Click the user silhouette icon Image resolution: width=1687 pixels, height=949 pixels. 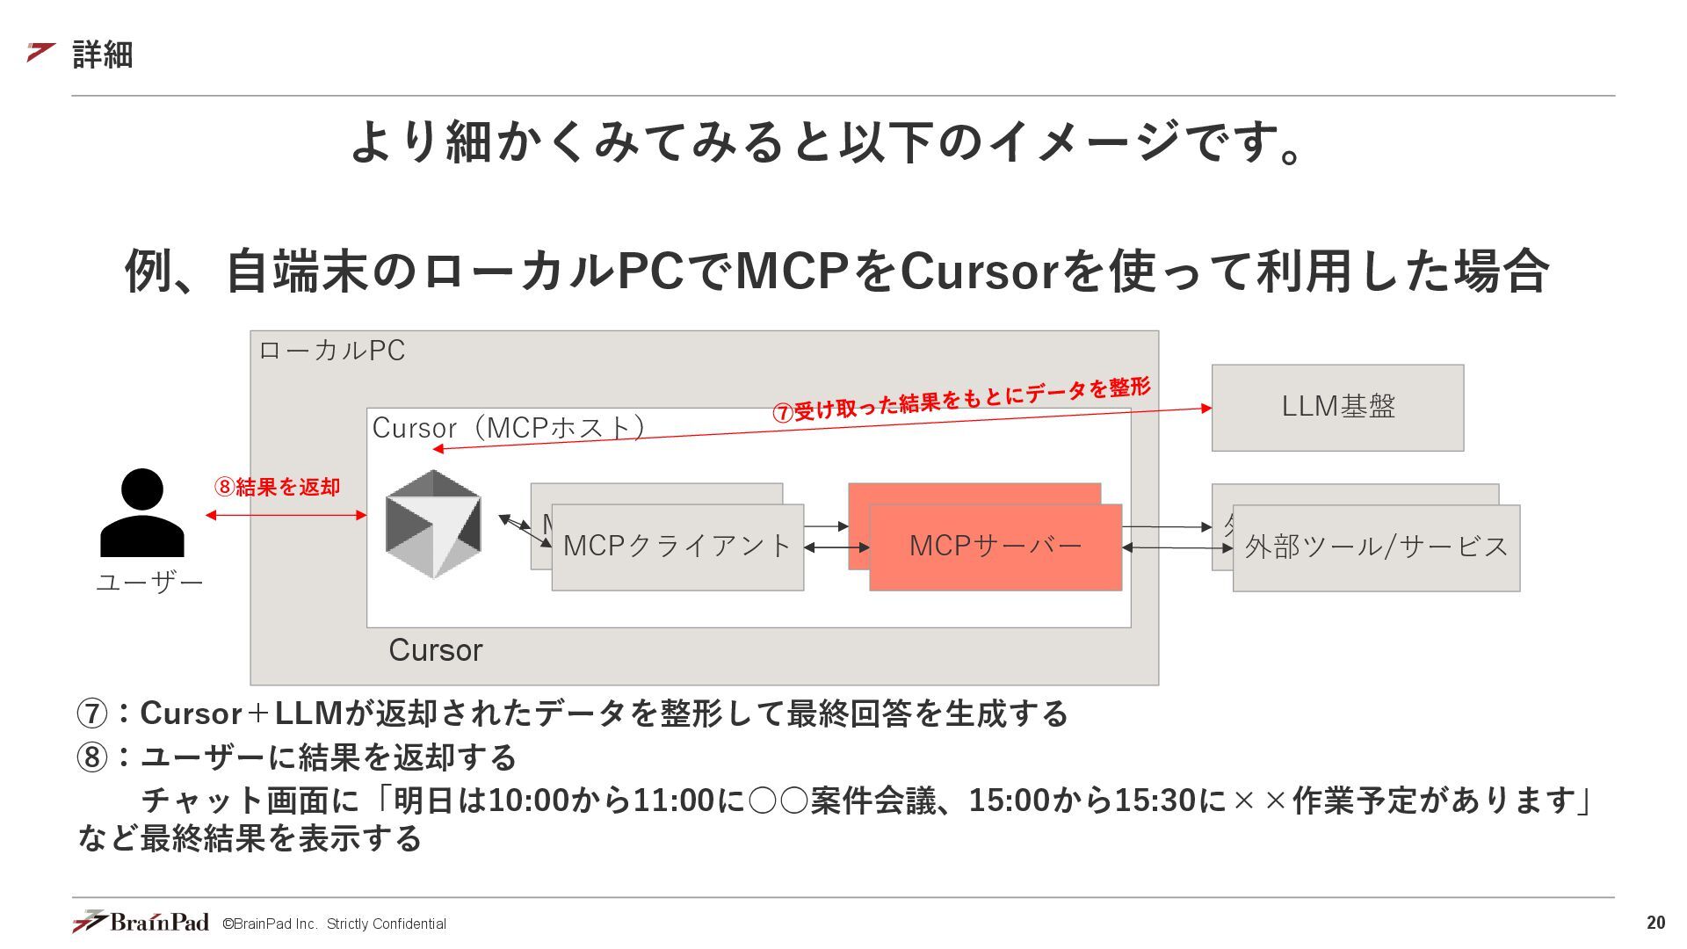[x=142, y=513]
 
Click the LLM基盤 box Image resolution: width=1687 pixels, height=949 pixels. [x=1337, y=408]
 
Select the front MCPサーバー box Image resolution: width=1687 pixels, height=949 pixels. [x=996, y=547]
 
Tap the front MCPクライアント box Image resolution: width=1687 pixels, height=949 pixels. [x=677, y=547]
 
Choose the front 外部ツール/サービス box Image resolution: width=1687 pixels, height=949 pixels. [x=1376, y=547]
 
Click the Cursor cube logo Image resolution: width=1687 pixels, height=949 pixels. [x=433, y=524]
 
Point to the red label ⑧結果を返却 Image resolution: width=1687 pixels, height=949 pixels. [x=278, y=487]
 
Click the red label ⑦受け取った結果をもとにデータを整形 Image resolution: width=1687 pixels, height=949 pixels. [x=961, y=400]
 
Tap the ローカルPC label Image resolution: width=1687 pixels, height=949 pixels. [x=332, y=351]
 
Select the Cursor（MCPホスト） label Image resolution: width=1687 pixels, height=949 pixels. [x=510, y=428]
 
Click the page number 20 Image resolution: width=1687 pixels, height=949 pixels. [x=1655, y=923]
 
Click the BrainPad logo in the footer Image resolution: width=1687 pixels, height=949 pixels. [x=141, y=922]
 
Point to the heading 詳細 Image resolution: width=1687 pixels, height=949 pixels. [x=103, y=54]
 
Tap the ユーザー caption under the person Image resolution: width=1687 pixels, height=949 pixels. [x=149, y=583]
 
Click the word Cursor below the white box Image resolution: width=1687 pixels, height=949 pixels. [x=436, y=650]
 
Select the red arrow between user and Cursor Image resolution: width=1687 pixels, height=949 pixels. [x=286, y=515]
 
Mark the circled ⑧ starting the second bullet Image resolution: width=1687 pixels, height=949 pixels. [x=92, y=757]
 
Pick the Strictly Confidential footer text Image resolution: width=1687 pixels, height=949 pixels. [x=386, y=924]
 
